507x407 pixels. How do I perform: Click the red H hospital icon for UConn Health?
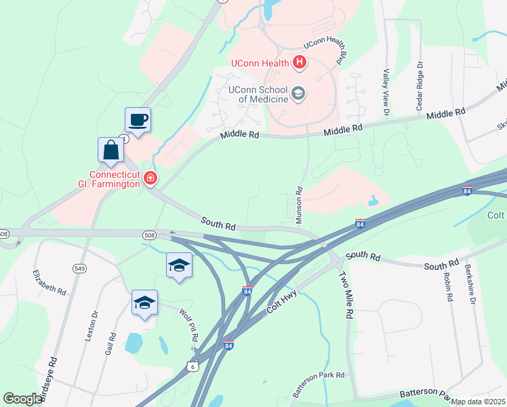click(300, 64)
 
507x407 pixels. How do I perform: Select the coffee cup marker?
click(138, 121)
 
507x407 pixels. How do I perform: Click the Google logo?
click(22, 399)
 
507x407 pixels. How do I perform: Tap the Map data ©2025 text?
click(478, 402)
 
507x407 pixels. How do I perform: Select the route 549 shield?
click(79, 269)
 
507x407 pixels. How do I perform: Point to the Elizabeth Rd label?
click(49, 282)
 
